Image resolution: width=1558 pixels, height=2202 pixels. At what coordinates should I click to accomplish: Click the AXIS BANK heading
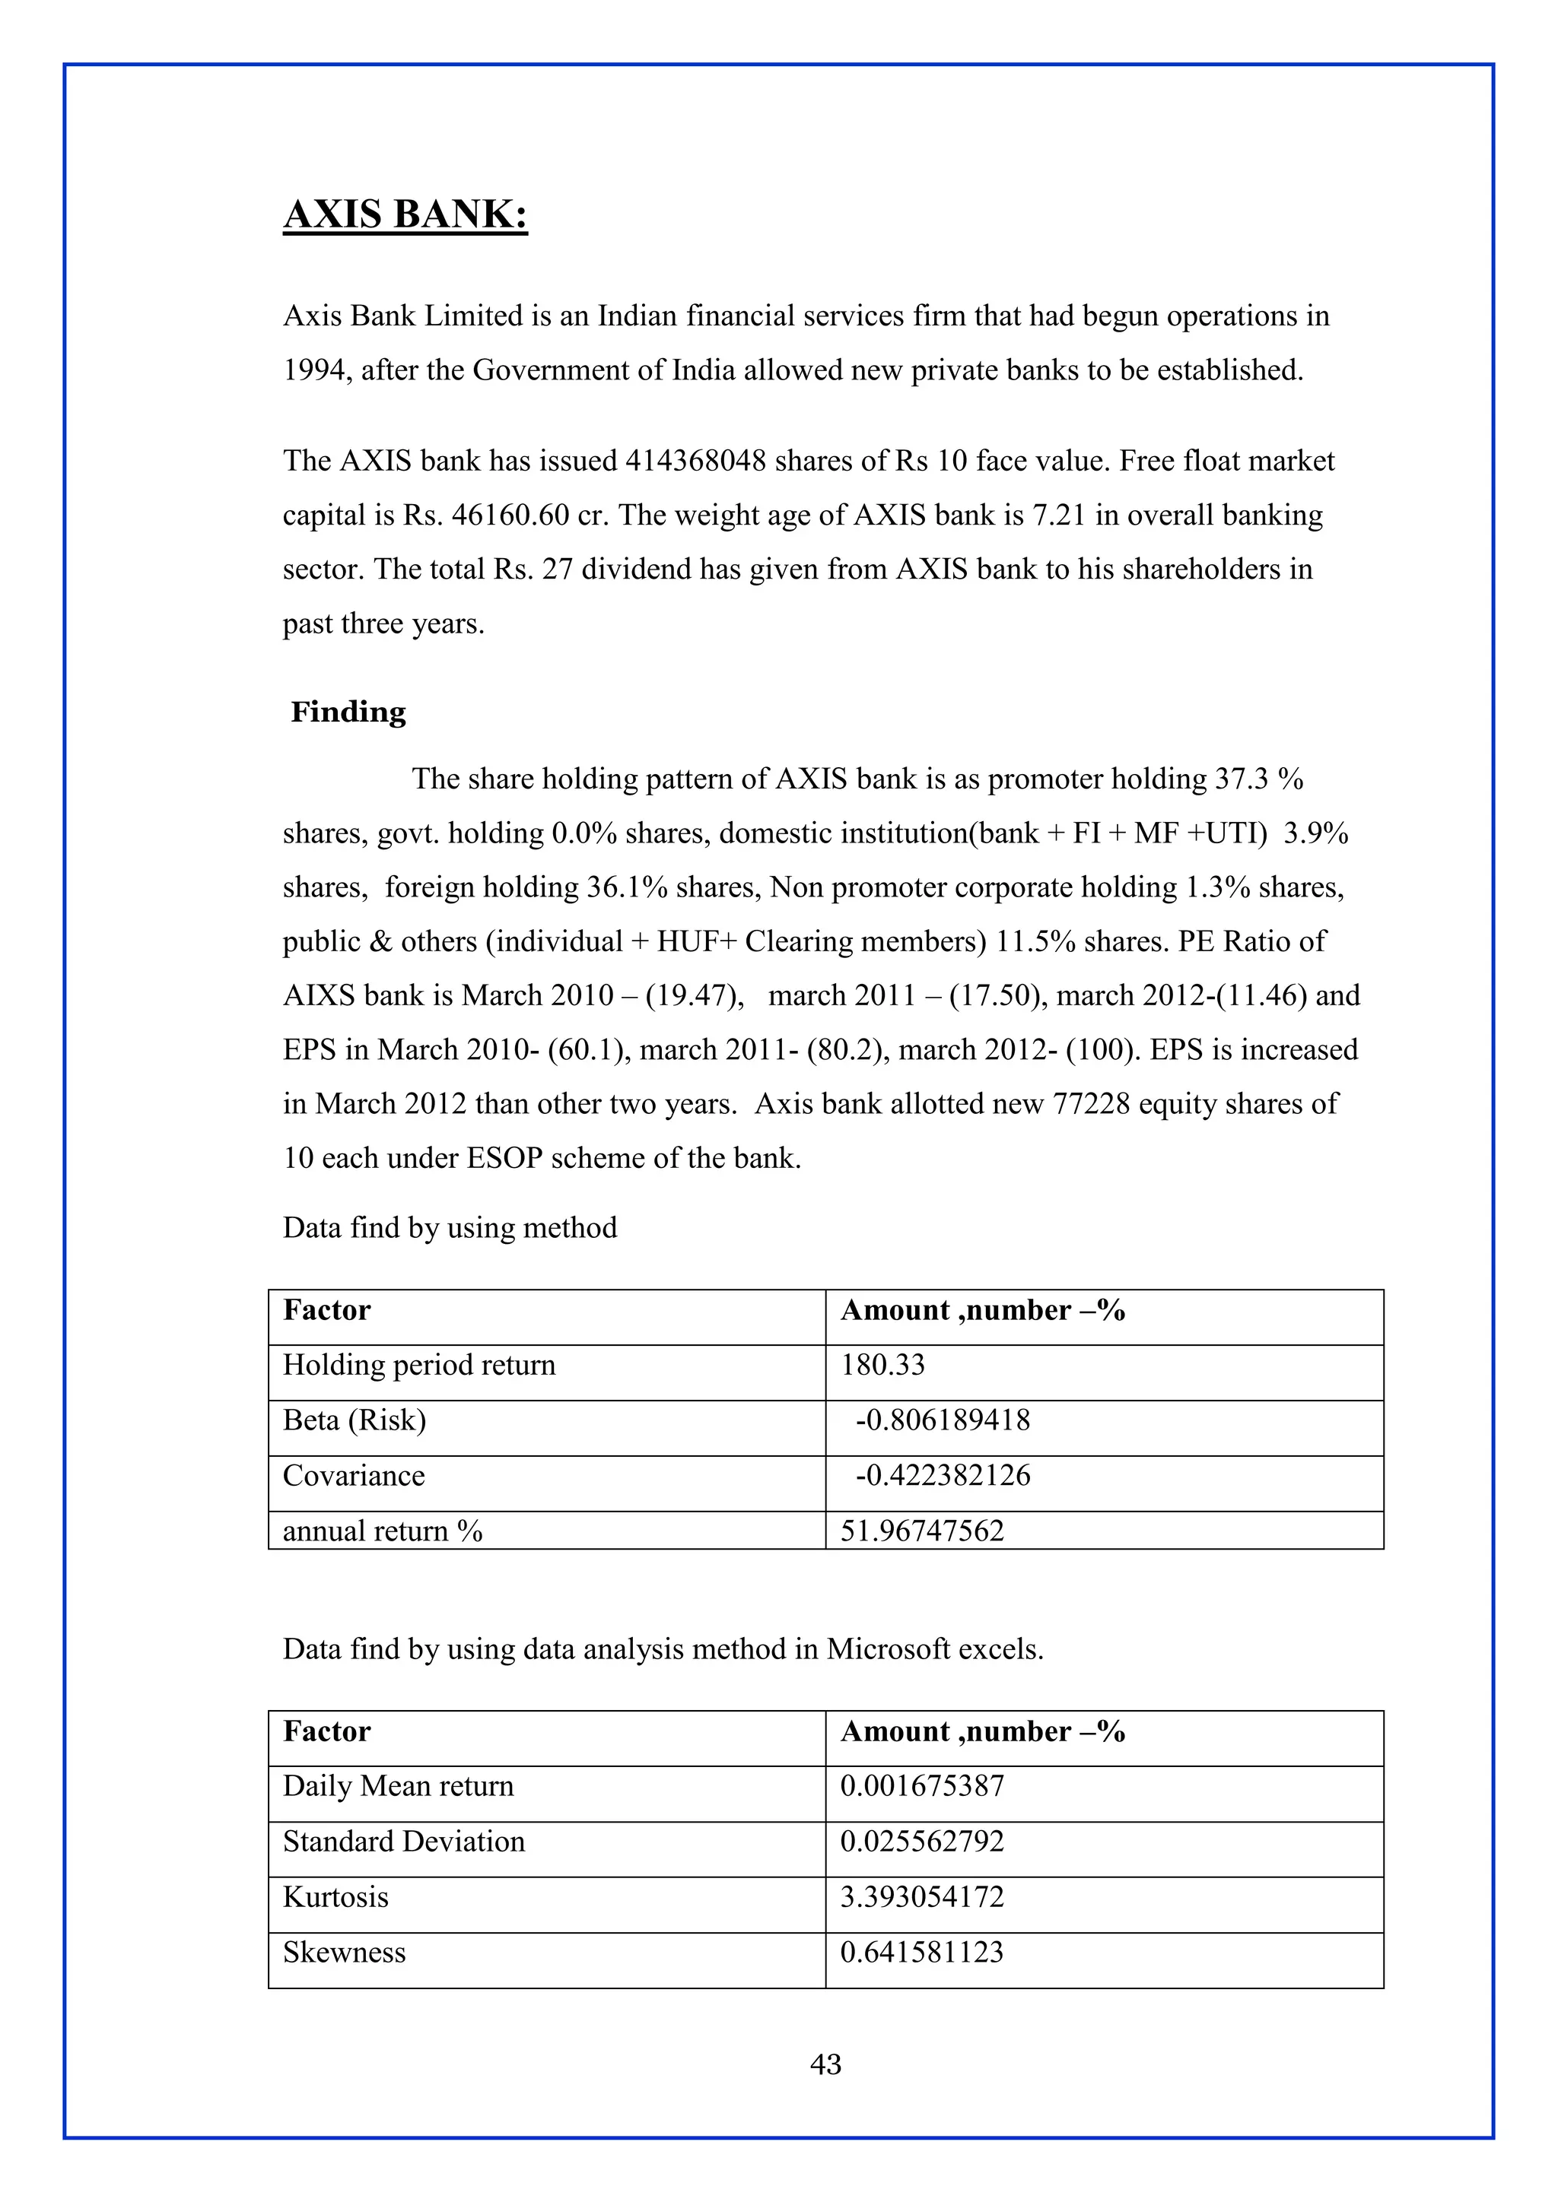(x=405, y=214)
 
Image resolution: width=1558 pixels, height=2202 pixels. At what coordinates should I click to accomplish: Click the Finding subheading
(x=348, y=712)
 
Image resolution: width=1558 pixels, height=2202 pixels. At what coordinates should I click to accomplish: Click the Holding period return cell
(x=419, y=1365)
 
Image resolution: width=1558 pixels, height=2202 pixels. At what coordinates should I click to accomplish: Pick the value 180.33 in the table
(x=882, y=1365)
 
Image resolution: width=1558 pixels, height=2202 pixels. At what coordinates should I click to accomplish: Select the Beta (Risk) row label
(x=354, y=1420)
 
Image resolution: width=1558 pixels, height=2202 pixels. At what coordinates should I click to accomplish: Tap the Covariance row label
(x=353, y=1475)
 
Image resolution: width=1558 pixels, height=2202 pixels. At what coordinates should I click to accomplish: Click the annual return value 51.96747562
(x=922, y=1531)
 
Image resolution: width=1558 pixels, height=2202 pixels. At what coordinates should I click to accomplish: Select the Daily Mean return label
(x=398, y=1786)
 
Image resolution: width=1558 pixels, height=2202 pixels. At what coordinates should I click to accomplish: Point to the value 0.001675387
(x=922, y=1786)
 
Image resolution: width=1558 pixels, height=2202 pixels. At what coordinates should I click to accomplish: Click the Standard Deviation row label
(x=404, y=1842)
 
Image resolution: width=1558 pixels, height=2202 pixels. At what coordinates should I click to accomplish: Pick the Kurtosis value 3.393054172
(x=922, y=1897)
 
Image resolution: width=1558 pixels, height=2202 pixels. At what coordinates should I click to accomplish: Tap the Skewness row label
(x=345, y=1953)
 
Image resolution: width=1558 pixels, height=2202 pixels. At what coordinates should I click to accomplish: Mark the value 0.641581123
(x=922, y=1953)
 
